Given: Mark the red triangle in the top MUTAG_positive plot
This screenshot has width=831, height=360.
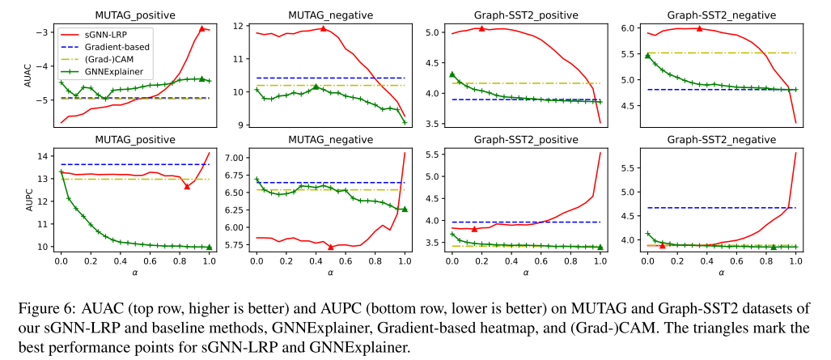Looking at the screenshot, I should click(x=202, y=28).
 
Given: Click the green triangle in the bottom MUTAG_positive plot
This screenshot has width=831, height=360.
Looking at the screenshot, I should click(x=209, y=247).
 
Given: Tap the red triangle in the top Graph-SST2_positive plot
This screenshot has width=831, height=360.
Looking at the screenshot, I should click(x=481, y=28).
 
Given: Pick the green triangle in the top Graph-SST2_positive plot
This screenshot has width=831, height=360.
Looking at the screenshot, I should click(x=452, y=74).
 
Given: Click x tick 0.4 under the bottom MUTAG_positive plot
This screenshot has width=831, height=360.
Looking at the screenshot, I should click(x=120, y=262).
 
